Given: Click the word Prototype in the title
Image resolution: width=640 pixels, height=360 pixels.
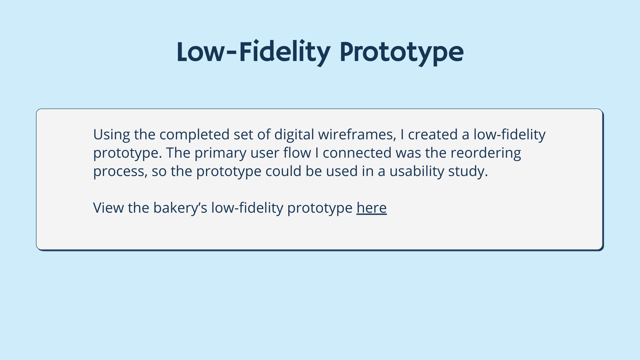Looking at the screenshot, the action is tap(402, 53).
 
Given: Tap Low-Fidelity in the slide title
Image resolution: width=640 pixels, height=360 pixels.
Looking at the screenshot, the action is tap(254, 52).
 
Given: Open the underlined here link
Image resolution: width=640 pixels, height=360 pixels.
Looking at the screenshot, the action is tap(371, 208).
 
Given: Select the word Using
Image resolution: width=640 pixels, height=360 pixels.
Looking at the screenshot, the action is tap(112, 135).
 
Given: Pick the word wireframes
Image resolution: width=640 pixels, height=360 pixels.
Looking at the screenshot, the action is tap(357, 135).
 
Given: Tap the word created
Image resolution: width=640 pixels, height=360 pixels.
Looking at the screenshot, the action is tap(433, 134).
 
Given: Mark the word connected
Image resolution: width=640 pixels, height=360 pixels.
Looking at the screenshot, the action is tap(357, 153).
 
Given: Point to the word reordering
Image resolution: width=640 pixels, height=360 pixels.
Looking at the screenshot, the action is tap(486, 153).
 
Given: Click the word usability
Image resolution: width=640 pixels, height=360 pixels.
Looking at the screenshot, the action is tap(417, 171).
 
